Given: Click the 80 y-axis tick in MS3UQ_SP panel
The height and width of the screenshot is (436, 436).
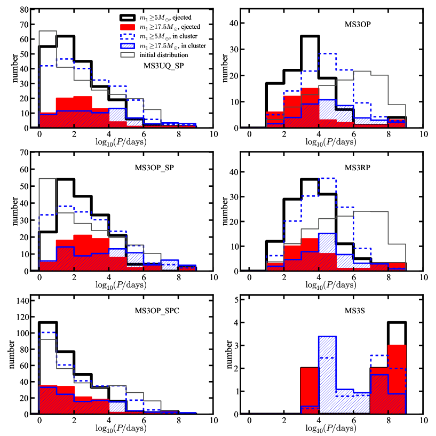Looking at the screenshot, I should [x=24, y=10].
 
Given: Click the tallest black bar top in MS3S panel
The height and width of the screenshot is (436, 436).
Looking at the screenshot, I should [x=397, y=322].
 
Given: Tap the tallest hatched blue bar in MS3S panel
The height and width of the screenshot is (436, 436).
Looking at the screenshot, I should [x=327, y=337].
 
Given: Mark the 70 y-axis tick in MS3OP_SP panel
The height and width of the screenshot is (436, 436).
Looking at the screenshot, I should [x=24, y=152].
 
